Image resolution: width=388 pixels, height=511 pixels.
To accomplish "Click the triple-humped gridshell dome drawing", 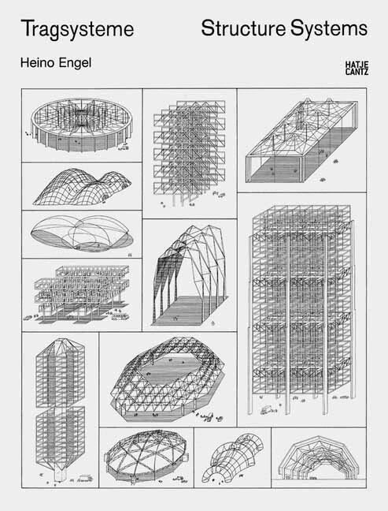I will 81,187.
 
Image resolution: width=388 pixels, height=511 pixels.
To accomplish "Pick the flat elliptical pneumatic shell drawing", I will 80,233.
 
